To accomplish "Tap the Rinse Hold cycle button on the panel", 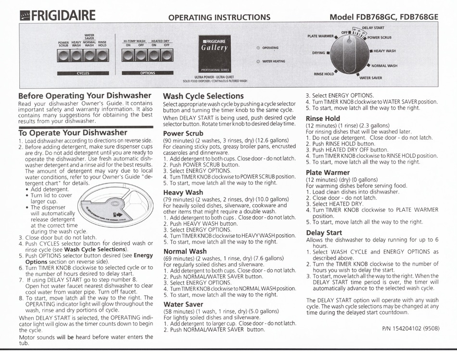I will coord(102,56).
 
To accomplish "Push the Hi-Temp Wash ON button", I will coord(128,56).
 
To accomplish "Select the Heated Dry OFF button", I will coord(166,56).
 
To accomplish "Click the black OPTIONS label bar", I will coord(147,73).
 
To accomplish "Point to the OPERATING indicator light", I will coord(258,48).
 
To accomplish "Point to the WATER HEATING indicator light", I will coord(258,62).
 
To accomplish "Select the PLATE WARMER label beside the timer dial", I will coord(320,36).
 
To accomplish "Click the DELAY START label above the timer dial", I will coord(372,28).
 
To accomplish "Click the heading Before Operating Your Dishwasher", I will coord(85,95).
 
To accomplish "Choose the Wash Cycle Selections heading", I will coord(203,96).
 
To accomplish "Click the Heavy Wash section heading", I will coord(183,192).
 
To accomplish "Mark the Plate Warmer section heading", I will coord(328,172).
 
